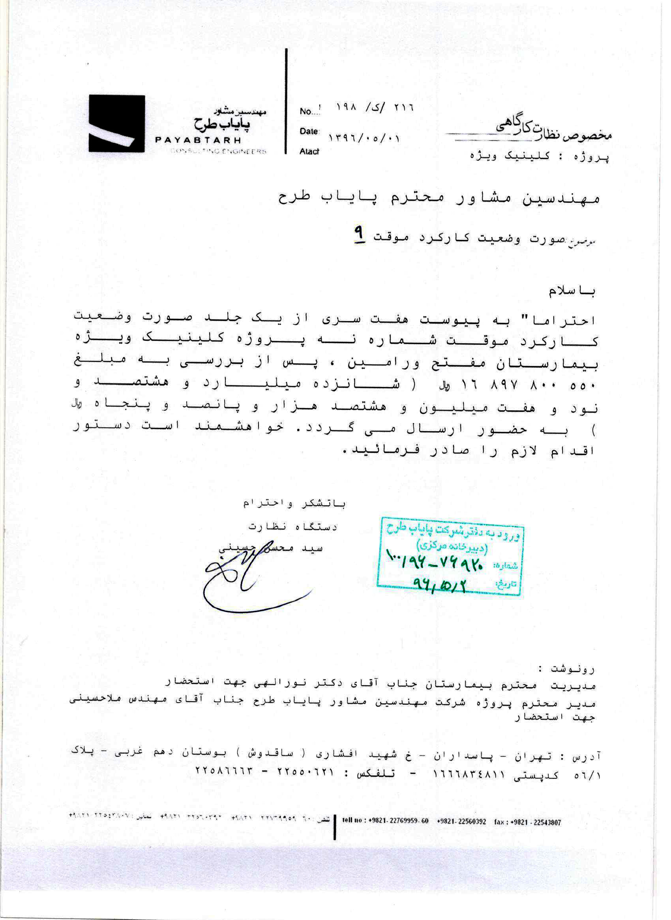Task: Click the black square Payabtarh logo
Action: (117, 123)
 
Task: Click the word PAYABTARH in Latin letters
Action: (198, 140)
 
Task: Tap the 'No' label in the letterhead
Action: (306, 112)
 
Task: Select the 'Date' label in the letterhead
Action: (309, 131)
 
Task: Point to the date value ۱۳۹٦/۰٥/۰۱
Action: (364, 138)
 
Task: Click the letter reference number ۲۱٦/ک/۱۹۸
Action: (374, 108)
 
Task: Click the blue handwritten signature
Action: (248, 582)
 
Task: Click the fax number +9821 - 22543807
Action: (528, 822)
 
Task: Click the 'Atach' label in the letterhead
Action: (309, 151)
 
